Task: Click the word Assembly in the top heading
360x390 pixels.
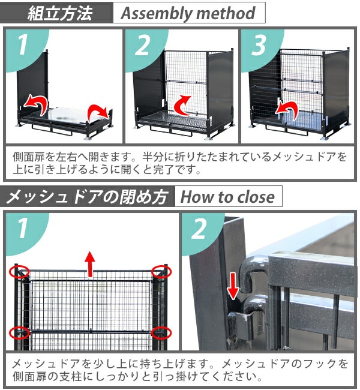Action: pos(156,13)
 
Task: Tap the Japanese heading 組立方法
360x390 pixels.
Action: pos(60,13)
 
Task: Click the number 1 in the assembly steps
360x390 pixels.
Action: pos(23,45)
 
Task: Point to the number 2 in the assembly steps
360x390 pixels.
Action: pos(142,45)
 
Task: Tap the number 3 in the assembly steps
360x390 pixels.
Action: pos(259,45)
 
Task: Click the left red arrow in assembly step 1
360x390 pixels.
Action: pos(37,104)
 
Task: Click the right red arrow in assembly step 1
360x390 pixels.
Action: pos(98,114)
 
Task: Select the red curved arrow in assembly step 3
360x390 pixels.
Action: pos(286,110)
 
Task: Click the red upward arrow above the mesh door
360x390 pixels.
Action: pos(90,264)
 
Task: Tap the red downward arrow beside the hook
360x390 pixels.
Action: pos(233,286)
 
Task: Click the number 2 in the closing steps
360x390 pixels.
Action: pos(199,229)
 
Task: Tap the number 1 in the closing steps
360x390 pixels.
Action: pos(23,228)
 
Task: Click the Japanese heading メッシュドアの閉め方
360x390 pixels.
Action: pos(86,197)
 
